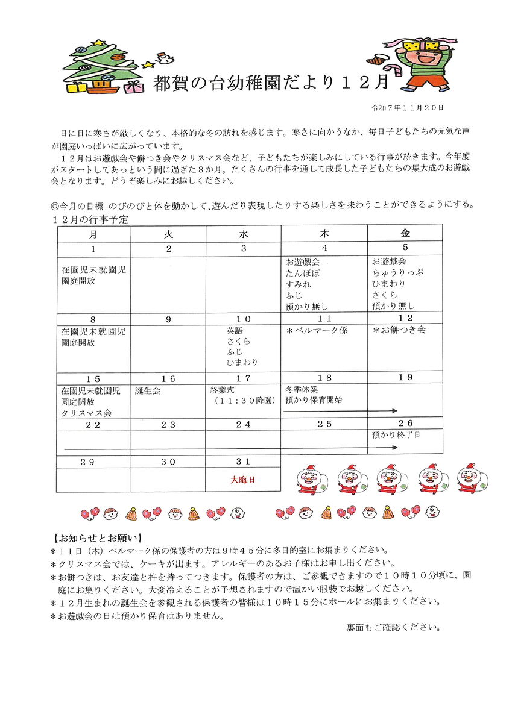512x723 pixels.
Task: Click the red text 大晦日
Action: tap(243, 480)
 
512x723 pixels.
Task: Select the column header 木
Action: tap(324, 233)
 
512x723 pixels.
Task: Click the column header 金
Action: tap(405, 233)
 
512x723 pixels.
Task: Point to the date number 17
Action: tap(243, 378)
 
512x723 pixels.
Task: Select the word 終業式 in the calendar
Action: tap(223, 390)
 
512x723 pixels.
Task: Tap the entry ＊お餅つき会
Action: tap(399, 330)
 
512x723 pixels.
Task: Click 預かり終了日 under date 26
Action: tap(396, 434)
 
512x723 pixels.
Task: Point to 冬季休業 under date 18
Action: tap(302, 389)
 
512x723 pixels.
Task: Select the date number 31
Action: tap(243, 462)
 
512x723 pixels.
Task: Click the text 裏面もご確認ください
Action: tap(393, 627)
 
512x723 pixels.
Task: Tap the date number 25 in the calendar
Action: tap(324, 424)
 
